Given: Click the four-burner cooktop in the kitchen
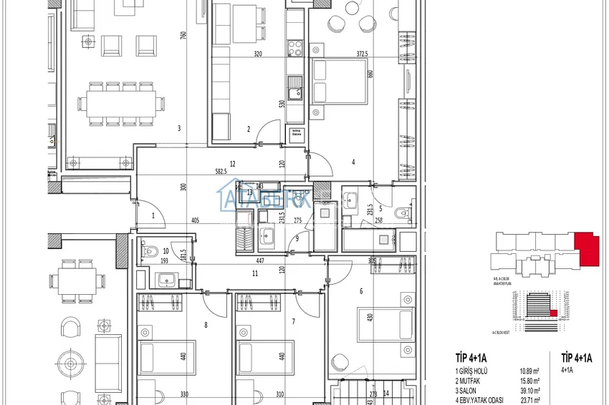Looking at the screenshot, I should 294,47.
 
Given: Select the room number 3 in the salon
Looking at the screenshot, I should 178,129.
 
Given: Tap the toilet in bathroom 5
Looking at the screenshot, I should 403,213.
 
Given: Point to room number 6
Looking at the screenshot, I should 361,291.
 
